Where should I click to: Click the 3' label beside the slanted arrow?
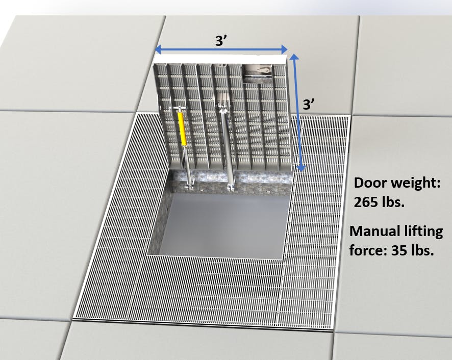310,105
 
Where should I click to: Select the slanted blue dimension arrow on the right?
297,110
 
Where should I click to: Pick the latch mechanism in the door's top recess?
260,71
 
